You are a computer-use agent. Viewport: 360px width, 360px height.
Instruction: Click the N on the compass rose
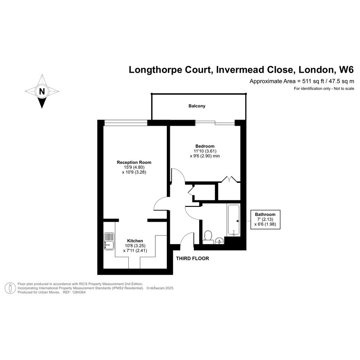click(42, 91)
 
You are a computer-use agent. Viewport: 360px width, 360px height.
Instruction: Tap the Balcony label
click(197, 106)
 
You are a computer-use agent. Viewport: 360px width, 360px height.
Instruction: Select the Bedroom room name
click(205, 146)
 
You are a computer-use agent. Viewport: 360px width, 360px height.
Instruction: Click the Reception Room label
click(134, 162)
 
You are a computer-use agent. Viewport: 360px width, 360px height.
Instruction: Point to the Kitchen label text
click(135, 241)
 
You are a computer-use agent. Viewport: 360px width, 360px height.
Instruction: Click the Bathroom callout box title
click(265, 214)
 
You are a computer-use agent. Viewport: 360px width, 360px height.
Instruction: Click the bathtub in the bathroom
click(234, 220)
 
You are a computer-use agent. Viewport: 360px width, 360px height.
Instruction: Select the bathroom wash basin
click(220, 241)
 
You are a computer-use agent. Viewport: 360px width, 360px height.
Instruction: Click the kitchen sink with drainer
click(109, 241)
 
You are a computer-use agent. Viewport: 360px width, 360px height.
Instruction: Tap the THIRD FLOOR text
click(192, 259)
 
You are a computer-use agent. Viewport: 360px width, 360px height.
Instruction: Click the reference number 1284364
click(79, 292)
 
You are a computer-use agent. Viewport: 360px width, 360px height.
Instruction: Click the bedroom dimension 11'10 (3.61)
click(205, 151)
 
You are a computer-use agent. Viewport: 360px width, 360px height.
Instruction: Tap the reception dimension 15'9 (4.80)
click(134, 167)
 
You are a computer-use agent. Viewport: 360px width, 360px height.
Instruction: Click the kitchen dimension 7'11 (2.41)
click(135, 251)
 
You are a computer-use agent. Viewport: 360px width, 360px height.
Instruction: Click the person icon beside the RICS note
click(10, 288)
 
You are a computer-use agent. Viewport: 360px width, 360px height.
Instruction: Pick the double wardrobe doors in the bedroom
click(229, 179)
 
